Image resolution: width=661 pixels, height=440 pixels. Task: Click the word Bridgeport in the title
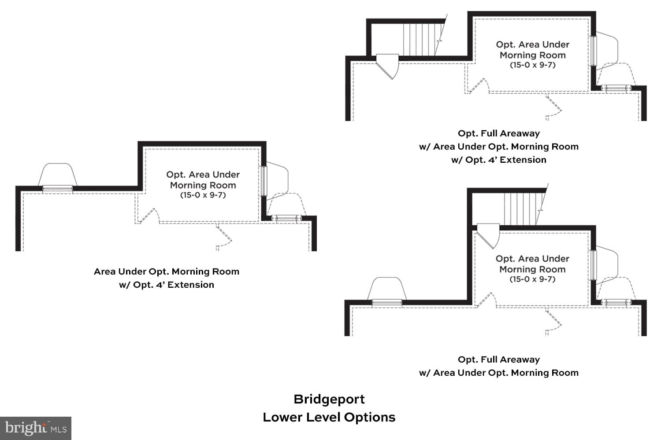tap(329, 399)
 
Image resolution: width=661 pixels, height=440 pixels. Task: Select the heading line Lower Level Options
tap(329, 417)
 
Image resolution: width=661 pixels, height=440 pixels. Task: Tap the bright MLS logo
tap(35, 428)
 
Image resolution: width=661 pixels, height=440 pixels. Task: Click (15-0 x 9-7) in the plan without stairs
tap(203, 195)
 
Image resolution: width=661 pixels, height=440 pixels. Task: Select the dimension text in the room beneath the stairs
tap(532, 279)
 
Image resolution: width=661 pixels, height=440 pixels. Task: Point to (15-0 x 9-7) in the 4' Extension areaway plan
tap(532, 65)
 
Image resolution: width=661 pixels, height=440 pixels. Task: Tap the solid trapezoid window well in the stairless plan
tap(58, 175)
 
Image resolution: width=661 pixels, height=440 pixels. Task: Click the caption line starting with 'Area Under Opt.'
tap(167, 271)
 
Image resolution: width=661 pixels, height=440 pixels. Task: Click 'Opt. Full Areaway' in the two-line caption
tap(498, 359)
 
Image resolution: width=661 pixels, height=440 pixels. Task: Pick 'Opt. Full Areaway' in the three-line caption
tap(498, 133)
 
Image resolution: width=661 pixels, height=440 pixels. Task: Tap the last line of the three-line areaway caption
tap(498, 160)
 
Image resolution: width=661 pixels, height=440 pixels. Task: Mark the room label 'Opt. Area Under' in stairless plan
tap(203, 175)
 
